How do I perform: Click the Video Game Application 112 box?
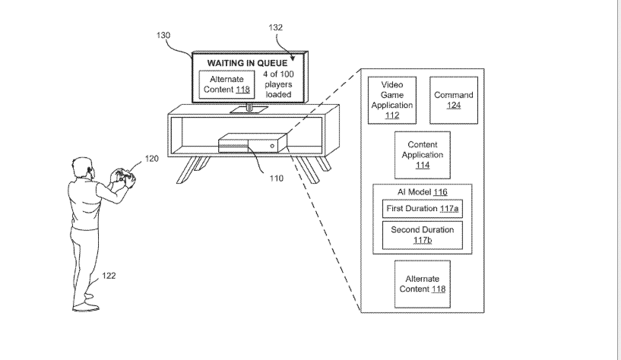[x=392, y=100]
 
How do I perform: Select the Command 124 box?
[x=454, y=100]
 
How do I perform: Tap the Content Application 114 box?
[x=423, y=155]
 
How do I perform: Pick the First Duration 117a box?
[x=423, y=209]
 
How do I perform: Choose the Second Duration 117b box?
[x=423, y=235]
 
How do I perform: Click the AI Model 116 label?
[x=423, y=192]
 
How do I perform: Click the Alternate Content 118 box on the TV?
[x=227, y=84]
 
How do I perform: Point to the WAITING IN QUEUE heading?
[x=247, y=63]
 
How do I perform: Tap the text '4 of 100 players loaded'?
[x=279, y=84]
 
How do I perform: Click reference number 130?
[x=163, y=35]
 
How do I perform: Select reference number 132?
[x=276, y=27]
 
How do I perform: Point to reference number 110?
[x=277, y=178]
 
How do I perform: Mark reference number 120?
[x=152, y=159]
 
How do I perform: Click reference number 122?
[x=109, y=276]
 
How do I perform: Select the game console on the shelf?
[x=252, y=144]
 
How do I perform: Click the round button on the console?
[x=272, y=146]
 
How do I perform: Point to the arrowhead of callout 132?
[x=293, y=58]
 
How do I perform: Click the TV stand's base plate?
[x=249, y=109]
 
